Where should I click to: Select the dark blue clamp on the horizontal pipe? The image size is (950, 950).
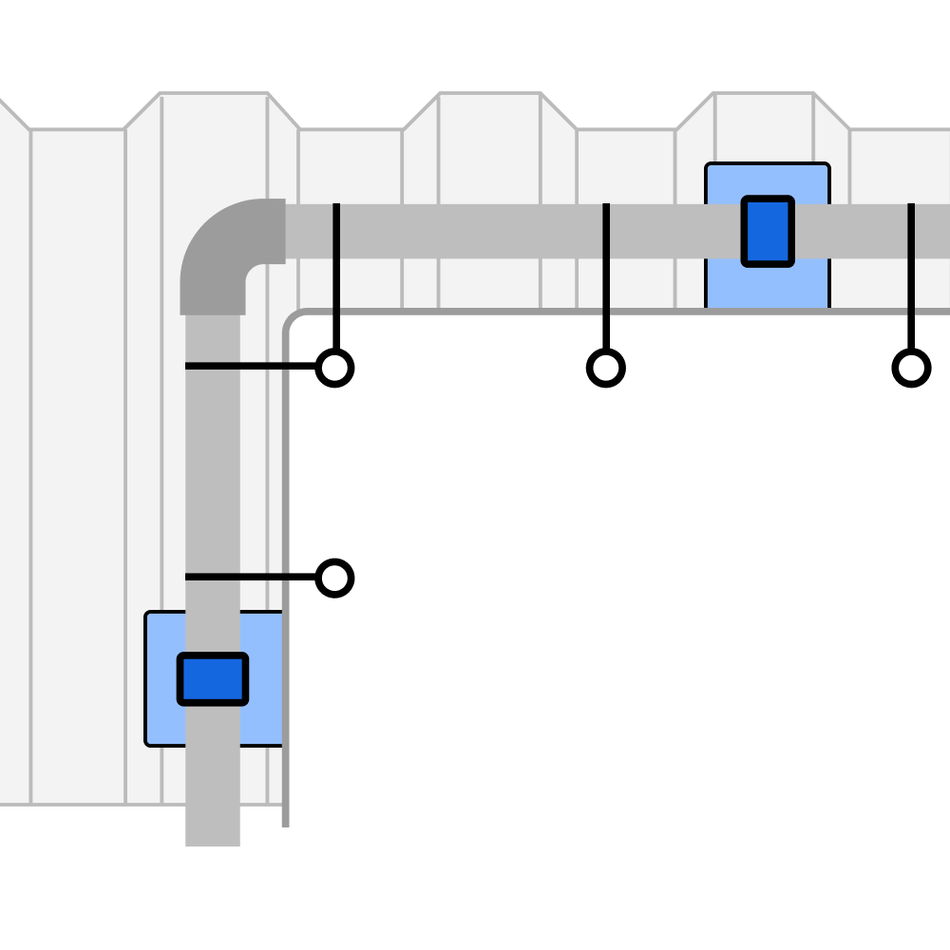(x=768, y=231)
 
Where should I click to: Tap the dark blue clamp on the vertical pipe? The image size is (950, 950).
(x=213, y=678)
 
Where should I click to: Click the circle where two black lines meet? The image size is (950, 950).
(x=334, y=368)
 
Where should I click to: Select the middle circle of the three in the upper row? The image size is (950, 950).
(x=606, y=368)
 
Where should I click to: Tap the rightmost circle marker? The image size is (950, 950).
(x=911, y=368)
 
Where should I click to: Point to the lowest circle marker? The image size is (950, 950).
(x=334, y=578)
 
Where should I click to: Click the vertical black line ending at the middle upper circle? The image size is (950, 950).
(x=606, y=285)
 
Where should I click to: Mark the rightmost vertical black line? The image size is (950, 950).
(x=911, y=285)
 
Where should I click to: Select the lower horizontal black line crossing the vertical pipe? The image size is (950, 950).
(x=266, y=577)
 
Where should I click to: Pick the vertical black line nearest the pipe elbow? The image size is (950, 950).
(x=336, y=285)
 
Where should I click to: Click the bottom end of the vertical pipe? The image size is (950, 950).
(x=213, y=836)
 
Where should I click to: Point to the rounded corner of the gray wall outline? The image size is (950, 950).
(x=291, y=317)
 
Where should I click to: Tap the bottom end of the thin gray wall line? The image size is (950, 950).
(x=286, y=823)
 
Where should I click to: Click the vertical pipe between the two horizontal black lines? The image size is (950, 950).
(x=213, y=470)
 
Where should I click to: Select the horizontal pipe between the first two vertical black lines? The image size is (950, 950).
(x=470, y=231)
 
